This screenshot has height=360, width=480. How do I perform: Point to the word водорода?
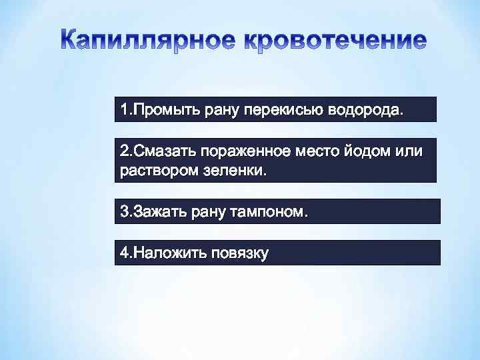(365, 109)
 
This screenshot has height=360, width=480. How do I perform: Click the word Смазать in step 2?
(163, 151)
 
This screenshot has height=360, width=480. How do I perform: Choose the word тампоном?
(270, 212)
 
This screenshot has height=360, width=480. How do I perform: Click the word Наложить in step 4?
(169, 253)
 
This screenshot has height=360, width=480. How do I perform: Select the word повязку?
(239, 253)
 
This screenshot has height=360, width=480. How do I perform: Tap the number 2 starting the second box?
(124, 151)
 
